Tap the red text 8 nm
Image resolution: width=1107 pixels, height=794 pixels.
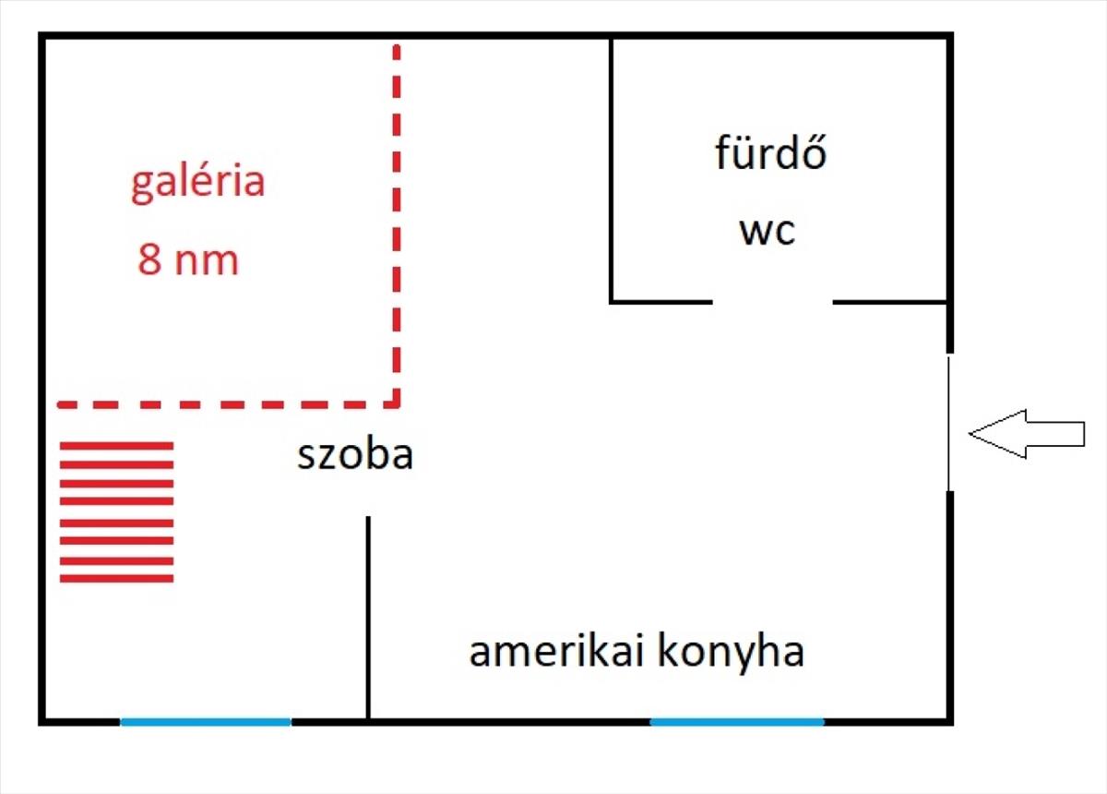188,260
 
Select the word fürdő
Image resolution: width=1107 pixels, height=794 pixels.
770,153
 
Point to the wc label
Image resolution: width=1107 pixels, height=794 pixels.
767,231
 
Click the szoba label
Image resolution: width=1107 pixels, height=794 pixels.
354,455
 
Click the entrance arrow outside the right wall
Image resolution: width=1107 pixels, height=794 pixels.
1026,433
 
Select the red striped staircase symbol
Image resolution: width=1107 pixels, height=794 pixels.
117,511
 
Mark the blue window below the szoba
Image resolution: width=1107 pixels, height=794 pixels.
206,722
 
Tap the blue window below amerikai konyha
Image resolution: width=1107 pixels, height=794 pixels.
737,722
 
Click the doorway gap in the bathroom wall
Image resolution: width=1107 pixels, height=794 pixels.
772,301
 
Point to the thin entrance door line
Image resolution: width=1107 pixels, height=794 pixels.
949,423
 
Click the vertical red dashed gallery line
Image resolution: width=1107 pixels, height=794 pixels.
397,222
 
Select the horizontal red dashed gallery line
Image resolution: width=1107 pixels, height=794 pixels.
226,403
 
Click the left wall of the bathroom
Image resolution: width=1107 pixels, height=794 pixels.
612,171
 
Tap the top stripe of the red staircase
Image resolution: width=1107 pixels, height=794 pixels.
117,446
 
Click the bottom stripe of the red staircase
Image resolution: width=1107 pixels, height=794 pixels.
117,579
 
